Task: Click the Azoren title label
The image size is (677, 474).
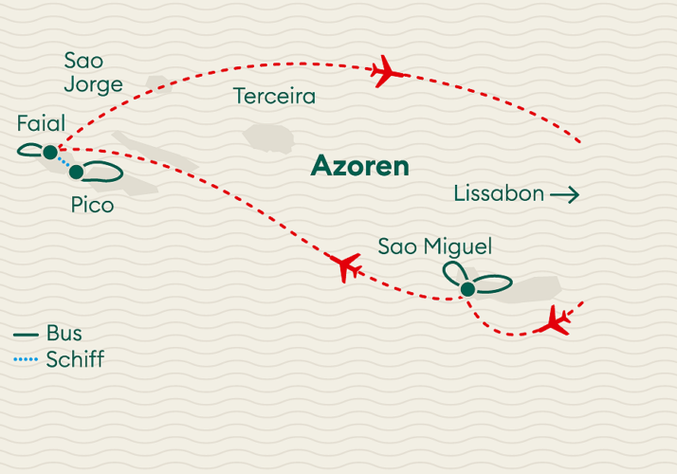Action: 360,168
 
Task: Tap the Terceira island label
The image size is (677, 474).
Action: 274,97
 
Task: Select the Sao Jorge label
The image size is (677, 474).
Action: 93,72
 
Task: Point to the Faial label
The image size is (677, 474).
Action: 41,124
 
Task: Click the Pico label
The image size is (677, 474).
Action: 92,205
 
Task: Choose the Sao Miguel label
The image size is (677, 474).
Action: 434,247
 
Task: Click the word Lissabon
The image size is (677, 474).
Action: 499,194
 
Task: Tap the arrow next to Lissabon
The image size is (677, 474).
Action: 564,195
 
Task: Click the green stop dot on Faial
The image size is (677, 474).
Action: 50,151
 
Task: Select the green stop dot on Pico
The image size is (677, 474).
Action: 76,172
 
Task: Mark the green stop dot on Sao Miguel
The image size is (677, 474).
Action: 467,290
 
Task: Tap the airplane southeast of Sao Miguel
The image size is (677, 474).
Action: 554,321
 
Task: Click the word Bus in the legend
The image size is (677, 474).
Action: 64,334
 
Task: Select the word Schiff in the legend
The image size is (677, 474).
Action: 74,359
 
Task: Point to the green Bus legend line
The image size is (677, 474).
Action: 26,335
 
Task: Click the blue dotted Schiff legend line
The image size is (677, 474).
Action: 26,360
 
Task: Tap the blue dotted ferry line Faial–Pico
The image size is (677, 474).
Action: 64,162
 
